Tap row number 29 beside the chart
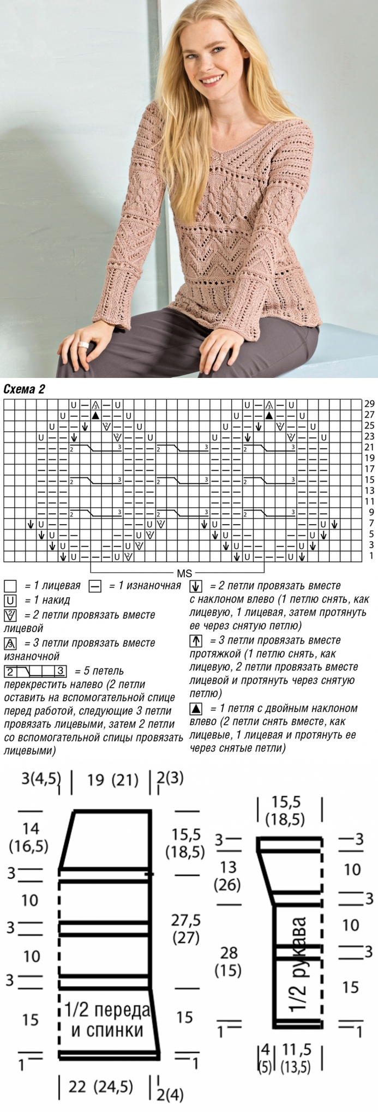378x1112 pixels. pyautogui.click(x=369, y=405)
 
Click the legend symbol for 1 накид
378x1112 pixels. pyautogui.click(x=10, y=600)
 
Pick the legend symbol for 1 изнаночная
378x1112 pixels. pyautogui.click(x=95, y=586)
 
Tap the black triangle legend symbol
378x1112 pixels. pyautogui.click(x=196, y=709)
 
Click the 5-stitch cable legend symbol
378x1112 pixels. pyautogui.click(x=35, y=671)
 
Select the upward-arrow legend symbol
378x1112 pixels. pyautogui.click(x=196, y=640)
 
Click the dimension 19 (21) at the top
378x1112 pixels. pyautogui.click(x=113, y=780)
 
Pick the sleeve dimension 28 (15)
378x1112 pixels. pyautogui.click(x=229, y=961)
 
